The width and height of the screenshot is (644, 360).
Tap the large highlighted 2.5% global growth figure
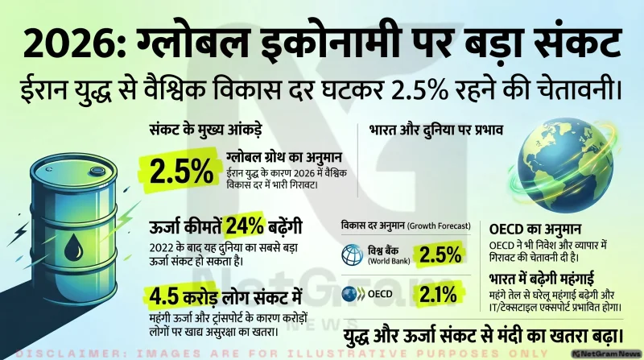pyautogui.click(x=182, y=172)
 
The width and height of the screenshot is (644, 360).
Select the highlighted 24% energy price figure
pyautogui.click(x=245, y=226)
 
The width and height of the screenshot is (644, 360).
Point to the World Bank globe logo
pyautogui.click(x=353, y=254)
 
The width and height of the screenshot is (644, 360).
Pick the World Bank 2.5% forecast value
pyautogui.click(x=440, y=255)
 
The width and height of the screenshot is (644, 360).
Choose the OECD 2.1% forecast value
pyautogui.click(x=438, y=294)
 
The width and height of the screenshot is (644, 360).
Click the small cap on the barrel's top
pyautogui.click(x=97, y=170)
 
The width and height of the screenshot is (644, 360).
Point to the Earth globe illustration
pyautogui.click(x=564, y=166)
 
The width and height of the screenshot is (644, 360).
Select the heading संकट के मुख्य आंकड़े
pyautogui.click(x=205, y=130)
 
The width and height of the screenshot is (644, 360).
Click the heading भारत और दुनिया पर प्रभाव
pyautogui.click(x=436, y=130)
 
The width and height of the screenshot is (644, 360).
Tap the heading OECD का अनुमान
pyautogui.click(x=535, y=229)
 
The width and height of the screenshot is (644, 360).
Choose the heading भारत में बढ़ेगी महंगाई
pyautogui.click(x=541, y=279)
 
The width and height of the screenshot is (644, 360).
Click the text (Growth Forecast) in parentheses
pyautogui.click(x=439, y=226)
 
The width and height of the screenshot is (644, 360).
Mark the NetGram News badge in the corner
pyautogui.click(x=607, y=354)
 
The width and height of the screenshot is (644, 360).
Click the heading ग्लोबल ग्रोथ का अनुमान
pyautogui.click(x=284, y=157)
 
